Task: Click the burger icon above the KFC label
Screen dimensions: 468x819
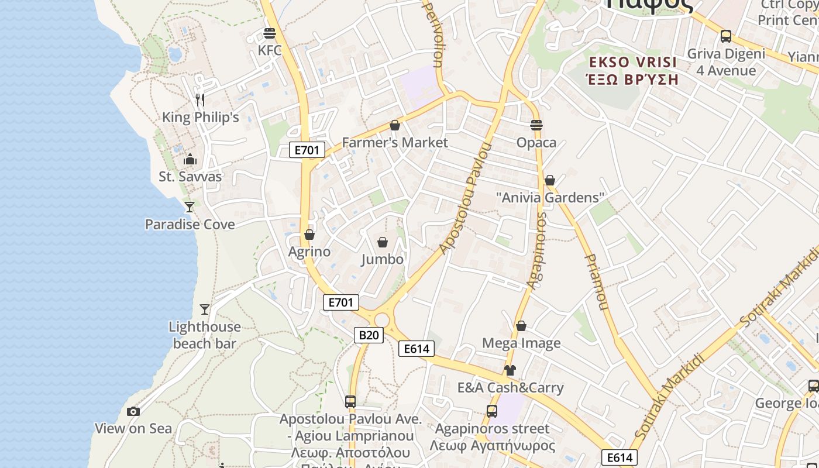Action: point(270,33)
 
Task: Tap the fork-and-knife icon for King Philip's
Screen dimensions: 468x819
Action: point(200,99)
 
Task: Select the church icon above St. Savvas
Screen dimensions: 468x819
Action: point(190,159)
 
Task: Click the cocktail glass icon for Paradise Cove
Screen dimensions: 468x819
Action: point(189,207)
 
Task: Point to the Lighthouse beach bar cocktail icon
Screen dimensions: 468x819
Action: point(204,309)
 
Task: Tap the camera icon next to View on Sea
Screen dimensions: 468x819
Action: point(133,411)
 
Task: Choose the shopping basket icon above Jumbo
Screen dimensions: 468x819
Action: point(383,242)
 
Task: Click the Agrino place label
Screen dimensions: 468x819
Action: point(309,252)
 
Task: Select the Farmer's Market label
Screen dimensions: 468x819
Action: point(395,142)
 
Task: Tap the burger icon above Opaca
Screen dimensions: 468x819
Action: point(536,125)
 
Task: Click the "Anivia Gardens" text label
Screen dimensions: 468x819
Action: point(549,198)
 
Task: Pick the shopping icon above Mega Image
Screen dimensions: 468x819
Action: point(521,326)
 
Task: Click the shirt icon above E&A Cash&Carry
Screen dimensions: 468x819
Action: point(510,370)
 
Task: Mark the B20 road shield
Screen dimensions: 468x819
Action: point(369,335)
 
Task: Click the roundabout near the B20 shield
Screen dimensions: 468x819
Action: point(382,319)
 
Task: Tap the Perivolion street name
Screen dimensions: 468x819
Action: point(433,34)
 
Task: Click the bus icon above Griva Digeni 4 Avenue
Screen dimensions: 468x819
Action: point(726,36)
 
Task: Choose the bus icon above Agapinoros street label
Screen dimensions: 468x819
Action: point(492,411)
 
